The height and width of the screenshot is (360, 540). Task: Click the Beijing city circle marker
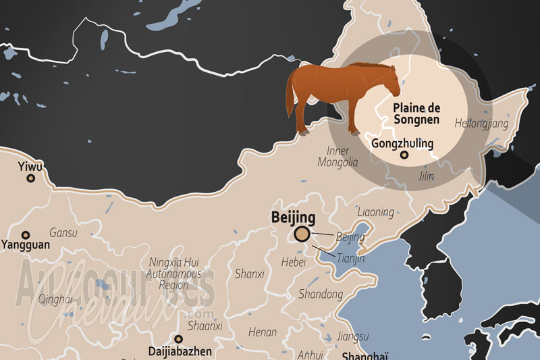(x=302, y=234)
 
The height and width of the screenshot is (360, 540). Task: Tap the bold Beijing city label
(x=292, y=217)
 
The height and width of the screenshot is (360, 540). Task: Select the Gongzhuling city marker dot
(x=404, y=155)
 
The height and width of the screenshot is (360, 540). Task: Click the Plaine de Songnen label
(x=416, y=113)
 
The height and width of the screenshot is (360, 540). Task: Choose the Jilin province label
(x=426, y=176)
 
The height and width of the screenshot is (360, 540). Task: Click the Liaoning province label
(x=375, y=212)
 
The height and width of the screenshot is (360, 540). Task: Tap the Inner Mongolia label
(x=342, y=157)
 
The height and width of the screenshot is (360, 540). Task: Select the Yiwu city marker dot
(x=30, y=178)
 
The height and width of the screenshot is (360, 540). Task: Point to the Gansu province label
(x=63, y=232)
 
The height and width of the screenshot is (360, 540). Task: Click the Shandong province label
(x=321, y=294)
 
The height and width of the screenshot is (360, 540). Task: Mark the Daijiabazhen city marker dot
(x=178, y=339)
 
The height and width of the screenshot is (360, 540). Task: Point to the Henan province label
(x=263, y=332)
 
